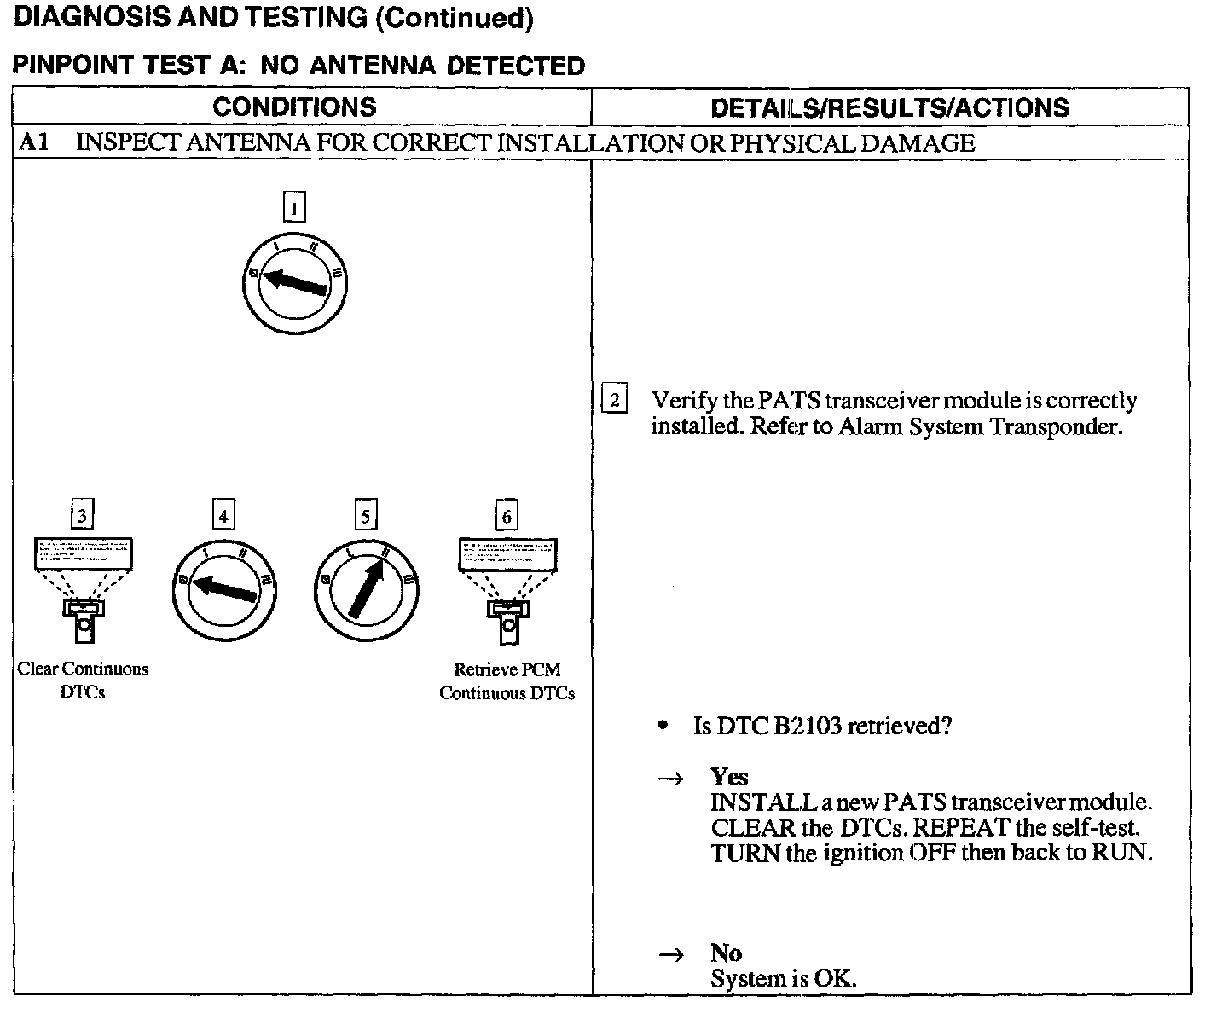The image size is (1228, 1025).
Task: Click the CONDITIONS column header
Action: [294, 107]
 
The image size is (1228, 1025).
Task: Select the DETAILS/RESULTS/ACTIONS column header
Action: [889, 108]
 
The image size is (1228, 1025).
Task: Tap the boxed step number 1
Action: [293, 207]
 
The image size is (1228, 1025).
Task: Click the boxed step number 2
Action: [615, 399]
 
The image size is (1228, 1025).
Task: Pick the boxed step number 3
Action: [82, 515]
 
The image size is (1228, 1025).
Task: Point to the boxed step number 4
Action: [223, 515]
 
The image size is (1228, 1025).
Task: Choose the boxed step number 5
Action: [365, 515]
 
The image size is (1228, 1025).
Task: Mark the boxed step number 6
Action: [507, 515]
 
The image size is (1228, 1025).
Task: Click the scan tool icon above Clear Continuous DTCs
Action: [83, 589]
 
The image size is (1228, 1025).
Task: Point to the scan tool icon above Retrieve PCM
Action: [507, 589]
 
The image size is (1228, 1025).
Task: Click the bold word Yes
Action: [729, 777]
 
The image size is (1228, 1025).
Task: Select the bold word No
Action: [726, 953]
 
